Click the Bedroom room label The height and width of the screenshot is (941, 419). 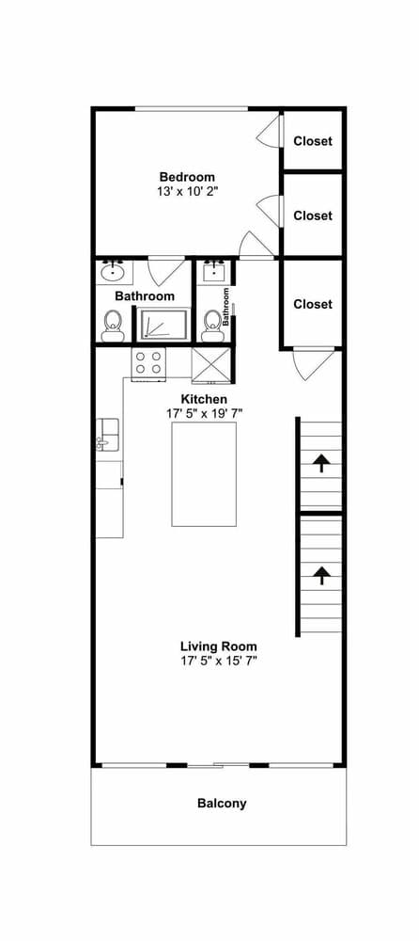[x=187, y=177]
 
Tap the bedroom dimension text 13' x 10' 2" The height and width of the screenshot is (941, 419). [x=187, y=191]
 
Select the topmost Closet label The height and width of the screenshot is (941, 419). [x=313, y=142]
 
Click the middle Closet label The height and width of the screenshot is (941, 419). [x=313, y=215]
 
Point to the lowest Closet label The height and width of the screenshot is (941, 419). [x=313, y=304]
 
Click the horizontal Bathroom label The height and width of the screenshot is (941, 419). [x=145, y=296]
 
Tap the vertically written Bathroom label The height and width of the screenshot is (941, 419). [x=226, y=307]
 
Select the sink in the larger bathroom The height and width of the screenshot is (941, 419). [x=114, y=273]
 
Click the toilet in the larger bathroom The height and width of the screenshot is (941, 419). [x=113, y=327]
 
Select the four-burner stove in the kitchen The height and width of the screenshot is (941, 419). [x=148, y=362]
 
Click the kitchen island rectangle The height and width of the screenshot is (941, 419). [x=203, y=473]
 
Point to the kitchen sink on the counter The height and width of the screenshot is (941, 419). [x=105, y=435]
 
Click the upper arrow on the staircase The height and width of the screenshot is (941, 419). [x=321, y=461]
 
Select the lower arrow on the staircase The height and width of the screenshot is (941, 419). [x=321, y=573]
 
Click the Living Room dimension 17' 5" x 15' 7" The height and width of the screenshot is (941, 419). [x=219, y=662]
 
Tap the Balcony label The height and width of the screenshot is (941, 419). [x=222, y=803]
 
